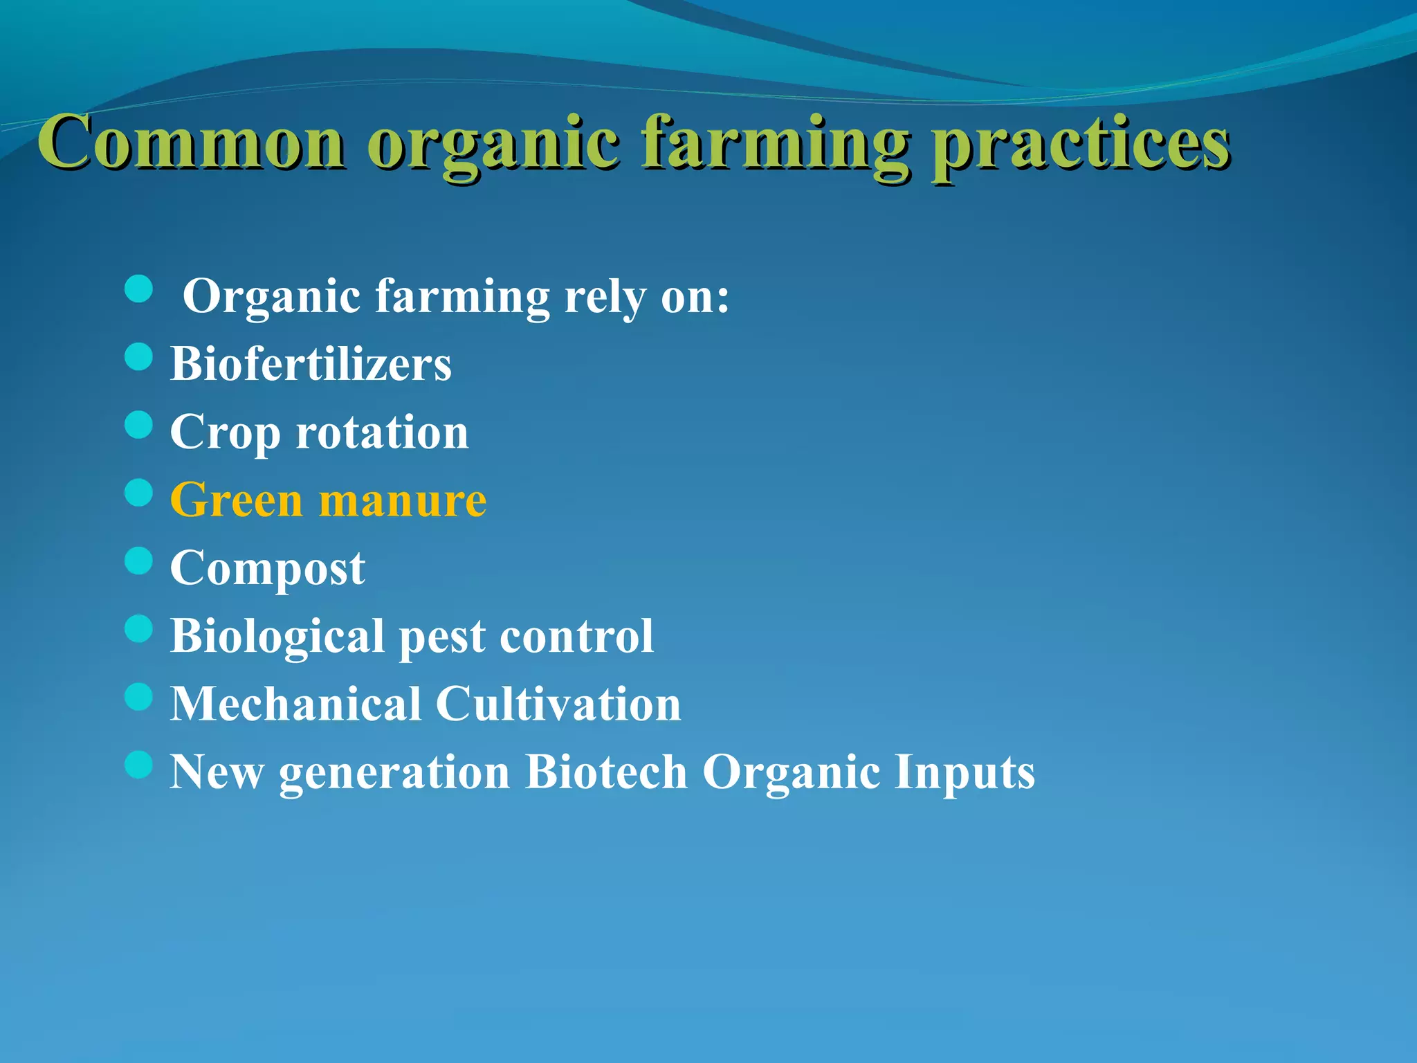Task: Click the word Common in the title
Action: pyautogui.click(x=190, y=142)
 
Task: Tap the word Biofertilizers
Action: pyautogui.click(x=311, y=363)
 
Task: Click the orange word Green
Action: pyautogui.click(x=236, y=500)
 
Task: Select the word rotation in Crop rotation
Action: pyautogui.click(x=382, y=432)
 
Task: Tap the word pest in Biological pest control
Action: pyautogui.click(x=442, y=637)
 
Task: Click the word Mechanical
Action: pyautogui.click(x=296, y=704)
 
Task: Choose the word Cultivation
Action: pyautogui.click(x=558, y=704)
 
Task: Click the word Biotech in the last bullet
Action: pyautogui.click(x=606, y=771)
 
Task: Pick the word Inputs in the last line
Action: pyautogui.click(x=965, y=772)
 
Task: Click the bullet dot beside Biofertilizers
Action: pyautogui.click(x=139, y=357)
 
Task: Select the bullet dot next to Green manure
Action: pyautogui.click(x=139, y=493)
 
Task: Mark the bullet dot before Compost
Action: pyautogui.click(x=139, y=561)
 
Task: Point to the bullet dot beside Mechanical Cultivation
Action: pyautogui.click(x=139, y=697)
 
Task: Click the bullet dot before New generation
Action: pyautogui.click(x=139, y=765)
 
